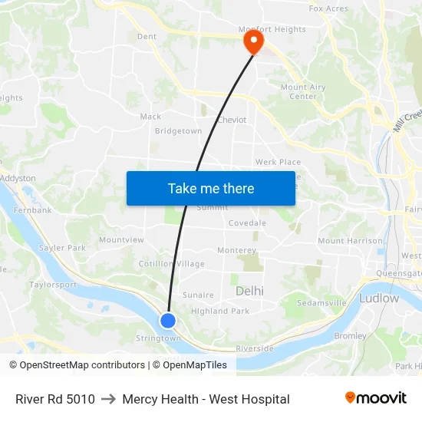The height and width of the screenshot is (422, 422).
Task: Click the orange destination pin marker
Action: pyautogui.click(x=252, y=41)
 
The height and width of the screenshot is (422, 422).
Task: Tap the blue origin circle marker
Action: pyautogui.click(x=168, y=321)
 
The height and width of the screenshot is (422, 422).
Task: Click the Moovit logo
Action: pyautogui.click(x=375, y=398)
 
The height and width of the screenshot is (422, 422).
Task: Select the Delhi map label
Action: pyautogui.click(x=249, y=291)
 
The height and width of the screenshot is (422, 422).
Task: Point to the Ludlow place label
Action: pyautogui.click(x=378, y=298)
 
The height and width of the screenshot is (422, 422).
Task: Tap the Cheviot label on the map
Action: pyautogui.click(x=232, y=120)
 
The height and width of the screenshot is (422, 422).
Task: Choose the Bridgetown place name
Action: pyautogui.click(x=178, y=131)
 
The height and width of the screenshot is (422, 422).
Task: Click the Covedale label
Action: pyautogui.click(x=247, y=223)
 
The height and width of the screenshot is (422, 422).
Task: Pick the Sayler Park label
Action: pyautogui.click(x=63, y=248)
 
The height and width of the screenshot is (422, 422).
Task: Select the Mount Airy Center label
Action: pyautogui.click(x=303, y=92)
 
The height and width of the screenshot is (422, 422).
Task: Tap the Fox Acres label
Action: pyautogui.click(x=328, y=9)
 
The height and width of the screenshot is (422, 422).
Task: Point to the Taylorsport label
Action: pyautogui.click(x=53, y=285)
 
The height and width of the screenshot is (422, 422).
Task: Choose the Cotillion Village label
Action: pyautogui.click(x=171, y=264)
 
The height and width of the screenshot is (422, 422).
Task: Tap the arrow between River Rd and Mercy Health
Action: pyautogui.click(x=108, y=399)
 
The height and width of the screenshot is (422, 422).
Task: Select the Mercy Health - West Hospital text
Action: pyautogui.click(x=206, y=399)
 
